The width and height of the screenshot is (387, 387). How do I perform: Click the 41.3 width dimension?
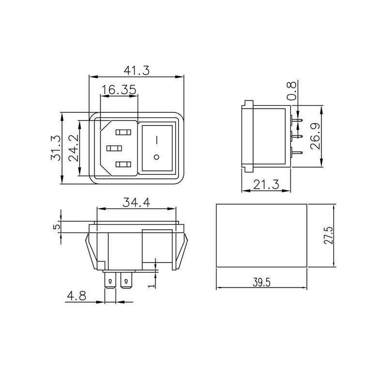click(136, 71)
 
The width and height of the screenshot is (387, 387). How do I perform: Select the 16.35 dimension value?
click(119, 89)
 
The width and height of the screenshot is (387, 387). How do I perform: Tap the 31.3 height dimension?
click(56, 148)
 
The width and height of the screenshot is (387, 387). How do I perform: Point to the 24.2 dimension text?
click(74, 148)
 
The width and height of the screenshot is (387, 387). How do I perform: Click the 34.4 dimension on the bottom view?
click(136, 203)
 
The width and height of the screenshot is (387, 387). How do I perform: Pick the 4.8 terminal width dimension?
click(76, 296)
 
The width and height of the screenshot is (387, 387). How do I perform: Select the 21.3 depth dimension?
click(266, 185)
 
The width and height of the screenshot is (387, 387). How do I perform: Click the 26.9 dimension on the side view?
click(315, 136)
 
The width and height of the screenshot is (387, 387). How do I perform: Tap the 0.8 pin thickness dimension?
click(292, 91)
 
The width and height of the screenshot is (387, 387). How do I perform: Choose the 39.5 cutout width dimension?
click(261, 282)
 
